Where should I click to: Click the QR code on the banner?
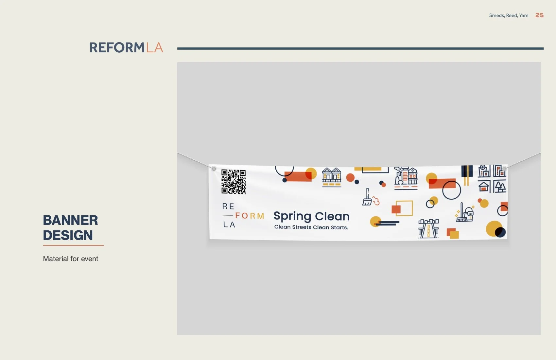[x=234, y=182]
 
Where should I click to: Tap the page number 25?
[x=539, y=15]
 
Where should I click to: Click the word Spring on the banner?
[x=292, y=216]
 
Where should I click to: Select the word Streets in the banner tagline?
[x=302, y=227]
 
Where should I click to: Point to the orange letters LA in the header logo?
[x=154, y=47]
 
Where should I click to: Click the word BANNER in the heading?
[x=71, y=220]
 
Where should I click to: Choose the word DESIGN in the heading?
[x=68, y=235]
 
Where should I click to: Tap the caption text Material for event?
[x=71, y=259]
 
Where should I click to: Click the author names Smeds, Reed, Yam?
[x=509, y=15]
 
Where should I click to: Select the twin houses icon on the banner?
[x=332, y=177]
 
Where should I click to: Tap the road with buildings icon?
[x=428, y=228]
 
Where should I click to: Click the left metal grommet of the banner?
[x=214, y=169]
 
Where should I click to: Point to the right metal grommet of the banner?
[x=504, y=169]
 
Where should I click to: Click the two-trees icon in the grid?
[x=500, y=187]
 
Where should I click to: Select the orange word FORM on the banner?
[x=250, y=216]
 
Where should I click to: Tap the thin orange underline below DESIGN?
[x=74, y=245]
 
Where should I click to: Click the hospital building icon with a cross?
[x=484, y=171]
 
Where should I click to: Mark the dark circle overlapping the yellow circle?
[x=500, y=232]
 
